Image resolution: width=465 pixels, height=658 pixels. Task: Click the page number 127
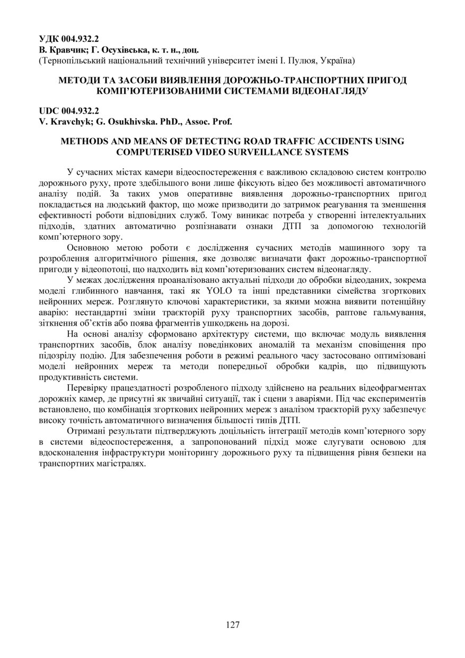click(233, 625)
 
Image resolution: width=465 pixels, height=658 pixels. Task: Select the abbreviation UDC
click(50, 111)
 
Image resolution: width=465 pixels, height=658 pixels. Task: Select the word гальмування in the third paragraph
click(397, 313)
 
